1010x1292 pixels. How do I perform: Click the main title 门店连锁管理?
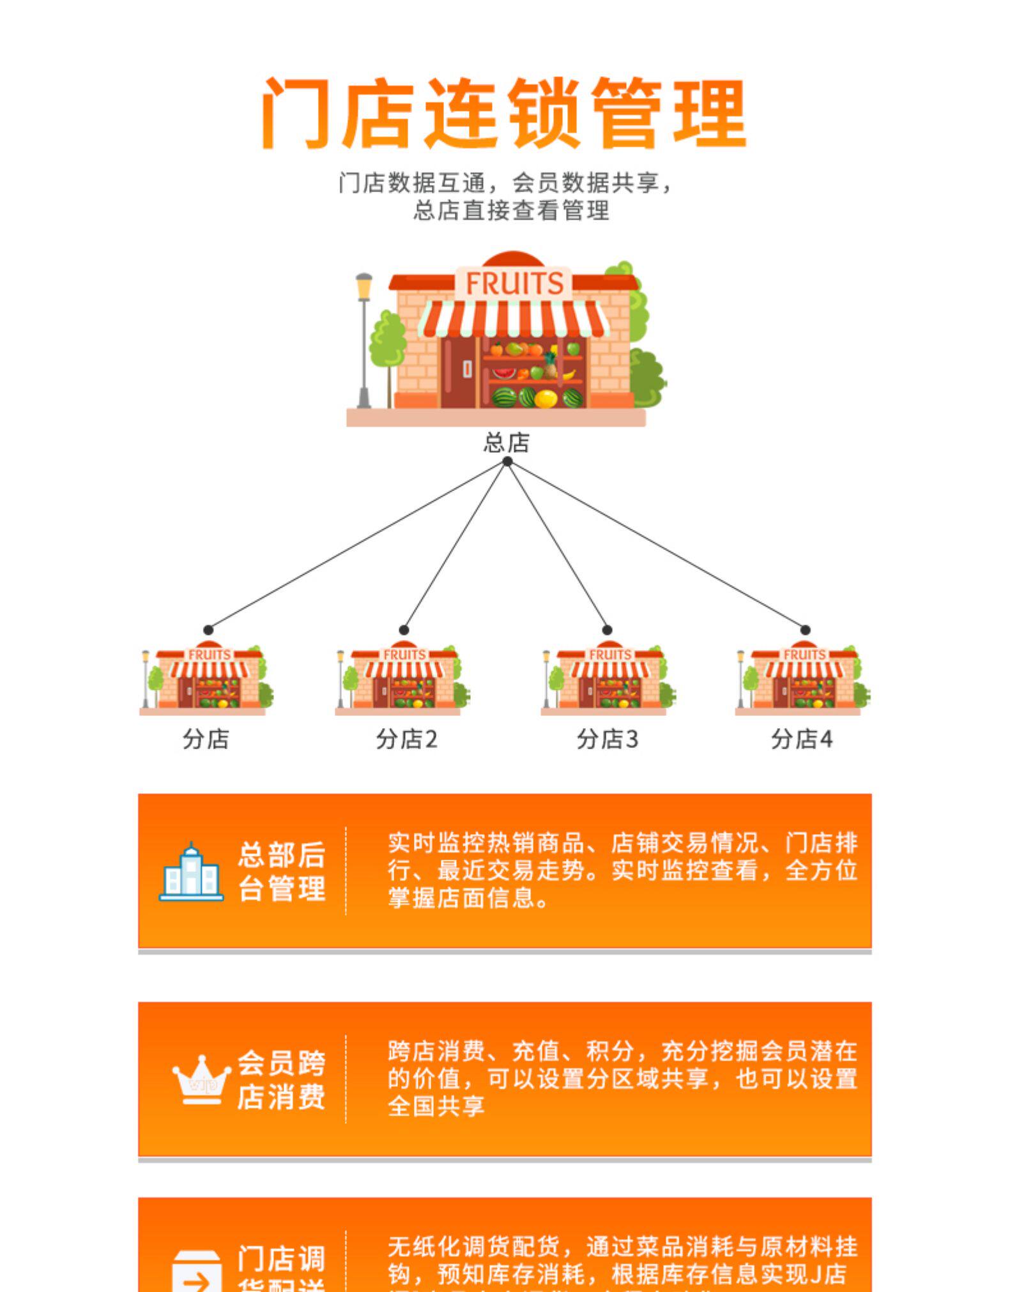503,114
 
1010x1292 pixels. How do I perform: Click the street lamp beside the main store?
363,338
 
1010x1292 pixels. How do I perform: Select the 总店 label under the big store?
506,442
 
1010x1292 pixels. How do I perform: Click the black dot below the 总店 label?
507,462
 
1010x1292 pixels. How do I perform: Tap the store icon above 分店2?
402,678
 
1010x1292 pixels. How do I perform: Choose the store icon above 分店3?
608,678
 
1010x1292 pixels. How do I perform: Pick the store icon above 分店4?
802,678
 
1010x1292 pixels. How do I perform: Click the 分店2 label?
406,739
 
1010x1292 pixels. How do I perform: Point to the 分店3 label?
607,739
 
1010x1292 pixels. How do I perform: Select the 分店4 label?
801,739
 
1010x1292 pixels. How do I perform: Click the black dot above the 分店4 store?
806,630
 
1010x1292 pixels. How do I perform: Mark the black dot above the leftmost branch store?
208,630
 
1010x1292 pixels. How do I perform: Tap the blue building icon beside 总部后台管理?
191,872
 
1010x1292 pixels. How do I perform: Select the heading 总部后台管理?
282,872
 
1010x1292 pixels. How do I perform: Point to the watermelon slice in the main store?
504,372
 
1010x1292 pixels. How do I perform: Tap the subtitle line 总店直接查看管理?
511,210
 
